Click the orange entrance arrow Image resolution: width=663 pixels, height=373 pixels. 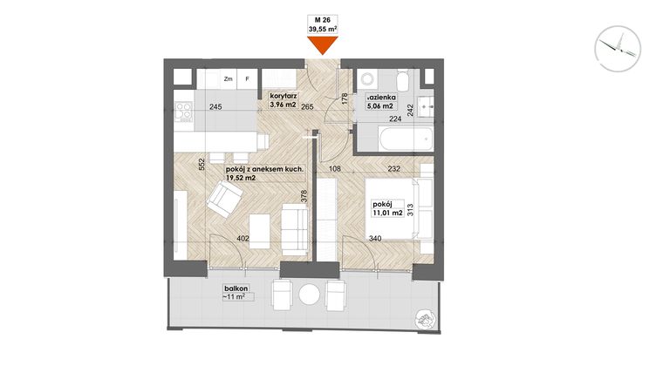click(x=323, y=46)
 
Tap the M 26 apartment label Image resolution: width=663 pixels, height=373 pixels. click(x=323, y=19)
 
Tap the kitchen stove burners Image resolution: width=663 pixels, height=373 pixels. click(x=184, y=111)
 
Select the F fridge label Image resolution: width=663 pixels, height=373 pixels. click(x=247, y=79)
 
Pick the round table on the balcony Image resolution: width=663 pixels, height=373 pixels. click(x=310, y=295)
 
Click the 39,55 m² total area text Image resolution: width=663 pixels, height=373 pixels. click(x=323, y=29)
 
